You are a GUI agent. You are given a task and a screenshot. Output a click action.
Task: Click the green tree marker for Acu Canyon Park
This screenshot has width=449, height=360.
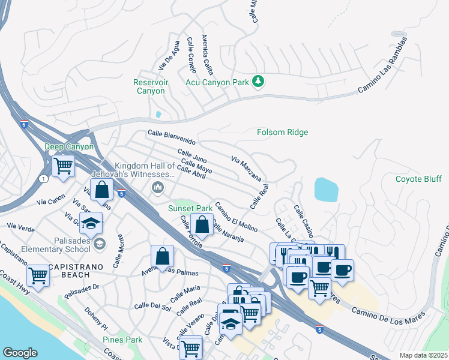(x=258, y=81)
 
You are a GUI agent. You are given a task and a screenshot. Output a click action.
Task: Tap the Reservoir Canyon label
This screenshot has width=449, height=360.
(x=150, y=86)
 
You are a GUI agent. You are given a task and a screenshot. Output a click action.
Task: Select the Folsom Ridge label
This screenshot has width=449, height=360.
(x=282, y=132)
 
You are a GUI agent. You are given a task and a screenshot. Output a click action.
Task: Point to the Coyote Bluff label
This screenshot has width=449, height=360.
(x=418, y=179)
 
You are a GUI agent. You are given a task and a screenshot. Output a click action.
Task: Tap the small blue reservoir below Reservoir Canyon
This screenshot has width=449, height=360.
(x=158, y=114)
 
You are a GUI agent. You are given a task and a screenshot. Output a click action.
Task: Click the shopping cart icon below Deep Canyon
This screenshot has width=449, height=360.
(x=63, y=165)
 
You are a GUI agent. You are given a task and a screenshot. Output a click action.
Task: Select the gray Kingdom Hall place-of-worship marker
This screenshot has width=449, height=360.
(x=158, y=188)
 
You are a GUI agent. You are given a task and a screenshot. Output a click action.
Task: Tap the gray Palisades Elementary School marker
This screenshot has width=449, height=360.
(x=100, y=243)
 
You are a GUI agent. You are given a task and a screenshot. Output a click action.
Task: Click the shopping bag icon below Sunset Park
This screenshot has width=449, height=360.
(x=202, y=226)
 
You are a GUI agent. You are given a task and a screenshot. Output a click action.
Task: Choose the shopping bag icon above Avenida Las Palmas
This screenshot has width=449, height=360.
(x=162, y=256)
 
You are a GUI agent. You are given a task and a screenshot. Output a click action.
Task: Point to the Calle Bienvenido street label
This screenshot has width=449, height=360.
(x=172, y=137)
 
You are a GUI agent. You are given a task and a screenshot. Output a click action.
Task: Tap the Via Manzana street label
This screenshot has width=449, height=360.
(x=246, y=168)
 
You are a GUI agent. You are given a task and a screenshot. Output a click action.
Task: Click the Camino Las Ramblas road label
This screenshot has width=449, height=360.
(x=382, y=65)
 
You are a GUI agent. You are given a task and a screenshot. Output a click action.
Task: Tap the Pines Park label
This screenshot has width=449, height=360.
(x=122, y=340)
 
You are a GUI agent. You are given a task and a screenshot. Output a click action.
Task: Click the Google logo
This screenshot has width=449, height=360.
(x=20, y=353)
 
